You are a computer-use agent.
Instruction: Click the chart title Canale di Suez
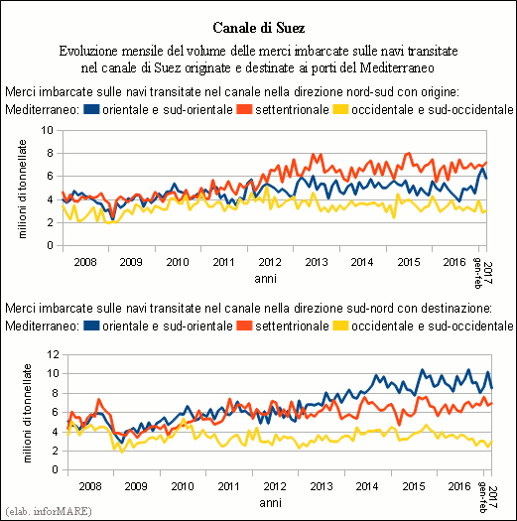258,28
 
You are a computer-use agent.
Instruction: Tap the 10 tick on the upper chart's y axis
48,130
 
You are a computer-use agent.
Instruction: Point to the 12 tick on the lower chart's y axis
53,354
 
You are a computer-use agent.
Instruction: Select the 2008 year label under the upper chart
85,262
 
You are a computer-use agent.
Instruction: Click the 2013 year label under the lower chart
322,486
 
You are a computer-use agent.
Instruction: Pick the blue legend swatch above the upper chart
91,109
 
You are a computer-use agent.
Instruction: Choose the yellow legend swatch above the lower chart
341,326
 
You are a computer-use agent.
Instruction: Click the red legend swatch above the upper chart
244,109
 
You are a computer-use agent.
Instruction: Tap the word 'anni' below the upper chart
266,279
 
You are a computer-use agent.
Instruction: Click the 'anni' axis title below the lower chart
271,503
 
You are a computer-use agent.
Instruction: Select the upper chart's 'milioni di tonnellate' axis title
22,189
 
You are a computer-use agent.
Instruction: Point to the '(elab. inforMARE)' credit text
49,511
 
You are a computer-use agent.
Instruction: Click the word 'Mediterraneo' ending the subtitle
397,67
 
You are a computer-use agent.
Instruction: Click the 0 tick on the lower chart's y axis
56,470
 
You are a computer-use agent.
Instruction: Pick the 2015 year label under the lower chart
414,486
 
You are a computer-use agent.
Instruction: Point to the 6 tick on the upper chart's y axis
51,176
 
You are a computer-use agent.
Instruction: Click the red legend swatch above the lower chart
244,326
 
